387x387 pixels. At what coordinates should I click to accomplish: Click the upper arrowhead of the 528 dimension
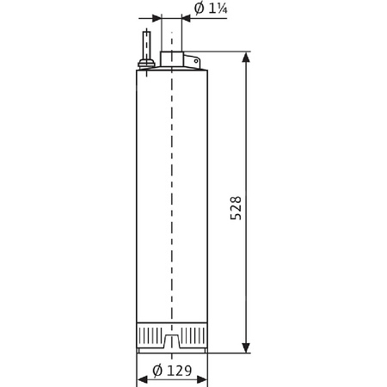point(247,58)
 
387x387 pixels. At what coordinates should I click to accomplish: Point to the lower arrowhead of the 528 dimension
point(247,347)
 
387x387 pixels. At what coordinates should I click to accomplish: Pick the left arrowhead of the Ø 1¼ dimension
point(156,18)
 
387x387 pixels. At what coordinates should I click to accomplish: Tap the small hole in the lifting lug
point(193,61)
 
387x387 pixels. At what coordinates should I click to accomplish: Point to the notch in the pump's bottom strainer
point(172,343)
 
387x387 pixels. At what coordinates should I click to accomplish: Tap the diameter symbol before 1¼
point(198,9)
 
